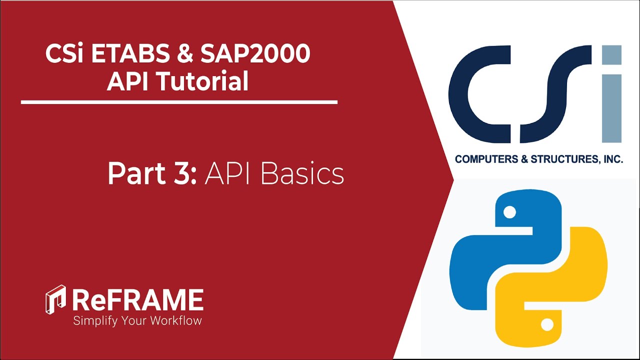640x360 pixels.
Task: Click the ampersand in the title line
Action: [186, 54]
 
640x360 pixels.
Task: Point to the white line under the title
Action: [179, 102]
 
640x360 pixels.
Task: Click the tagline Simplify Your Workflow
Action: [137, 320]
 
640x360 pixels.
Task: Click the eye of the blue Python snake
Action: [509, 213]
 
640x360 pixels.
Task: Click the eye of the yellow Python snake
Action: [547, 325]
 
